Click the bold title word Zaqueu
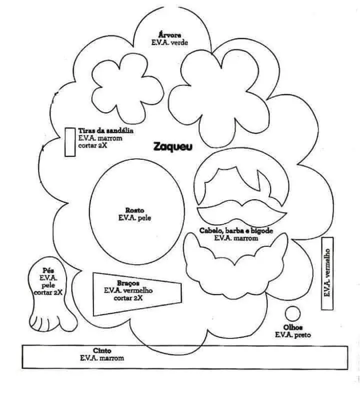[173, 147]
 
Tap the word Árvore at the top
[169, 35]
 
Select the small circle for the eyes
[292, 314]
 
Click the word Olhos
[293, 328]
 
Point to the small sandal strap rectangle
[70, 142]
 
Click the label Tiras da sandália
[105, 130]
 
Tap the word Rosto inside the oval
[134, 210]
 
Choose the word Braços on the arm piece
[128, 283]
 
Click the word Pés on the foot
[48, 271]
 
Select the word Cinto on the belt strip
[102, 351]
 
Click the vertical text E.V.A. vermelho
[327, 273]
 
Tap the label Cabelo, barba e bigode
[236, 231]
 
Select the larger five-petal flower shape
[219, 98]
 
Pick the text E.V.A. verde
[169, 42]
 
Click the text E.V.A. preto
[293, 335]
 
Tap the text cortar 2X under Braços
[128, 298]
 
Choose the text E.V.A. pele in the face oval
[134, 218]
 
